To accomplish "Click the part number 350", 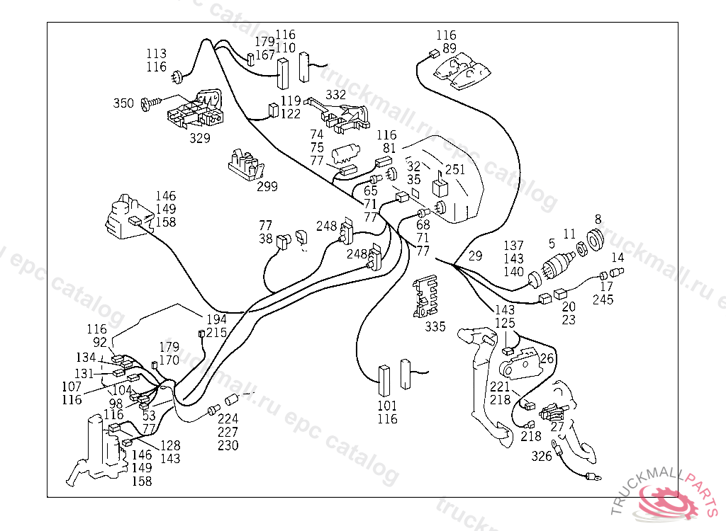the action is click(123, 103).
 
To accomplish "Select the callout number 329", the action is click(199, 138).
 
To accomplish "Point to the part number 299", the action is click(267, 186).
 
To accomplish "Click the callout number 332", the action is click(335, 94).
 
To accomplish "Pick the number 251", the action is click(454, 169).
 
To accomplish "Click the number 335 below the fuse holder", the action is click(435, 326).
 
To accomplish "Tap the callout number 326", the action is click(541, 456).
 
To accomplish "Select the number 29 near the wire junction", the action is click(475, 256).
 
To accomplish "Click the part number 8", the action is click(598, 219).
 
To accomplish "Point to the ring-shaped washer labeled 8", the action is click(596, 239).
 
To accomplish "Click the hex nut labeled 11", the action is click(582, 248).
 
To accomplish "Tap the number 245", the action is click(603, 299).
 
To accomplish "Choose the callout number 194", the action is click(216, 319).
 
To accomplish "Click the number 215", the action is click(216, 333).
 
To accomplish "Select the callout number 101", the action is click(387, 406).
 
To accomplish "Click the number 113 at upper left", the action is click(156, 53).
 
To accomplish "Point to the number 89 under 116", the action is click(449, 48).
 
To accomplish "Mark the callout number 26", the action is click(547, 358).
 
